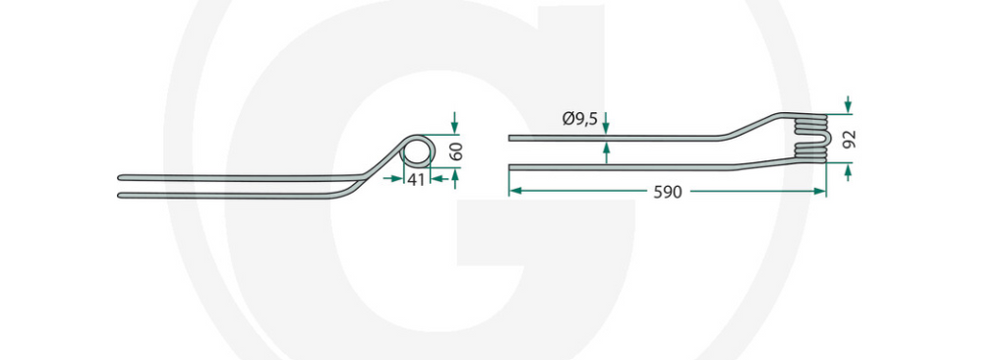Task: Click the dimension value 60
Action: click(458, 152)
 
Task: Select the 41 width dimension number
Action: click(416, 180)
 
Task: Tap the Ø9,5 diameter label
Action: click(579, 118)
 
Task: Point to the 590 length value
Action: click(668, 192)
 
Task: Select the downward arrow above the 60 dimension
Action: click(454, 123)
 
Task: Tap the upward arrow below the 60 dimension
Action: click(454, 178)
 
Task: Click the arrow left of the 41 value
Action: click(391, 179)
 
